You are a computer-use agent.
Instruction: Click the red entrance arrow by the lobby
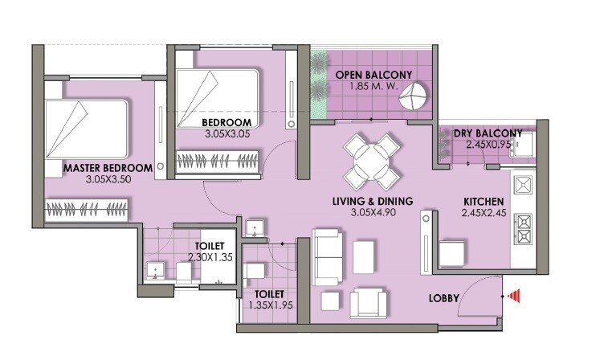(x=514, y=296)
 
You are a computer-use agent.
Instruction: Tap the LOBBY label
(x=444, y=298)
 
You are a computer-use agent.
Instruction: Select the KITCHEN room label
(x=484, y=201)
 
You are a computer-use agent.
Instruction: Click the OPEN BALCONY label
(x=373, y=75)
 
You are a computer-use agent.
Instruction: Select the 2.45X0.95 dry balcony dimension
(x=488, y=145)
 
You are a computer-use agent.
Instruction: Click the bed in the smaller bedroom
(x=217, y=92)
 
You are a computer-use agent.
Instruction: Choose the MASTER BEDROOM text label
(x=108, y=168)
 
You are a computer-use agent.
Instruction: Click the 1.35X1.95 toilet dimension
(x=265, y=306)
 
